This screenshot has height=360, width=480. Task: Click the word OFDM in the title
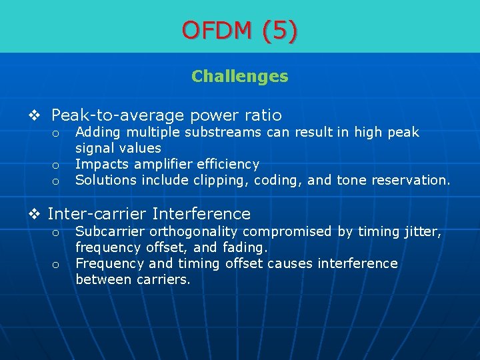[x=217, y=30]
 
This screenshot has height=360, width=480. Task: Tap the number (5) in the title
[x=280, y=30]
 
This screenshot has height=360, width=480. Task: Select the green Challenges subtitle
[x=240, y=77]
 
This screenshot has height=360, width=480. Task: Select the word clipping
[x=219, y=180]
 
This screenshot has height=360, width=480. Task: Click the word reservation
[x=413, y=180]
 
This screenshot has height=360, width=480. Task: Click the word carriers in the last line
[x=163, y=279]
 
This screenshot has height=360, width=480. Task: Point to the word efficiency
[x=227, y=164]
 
